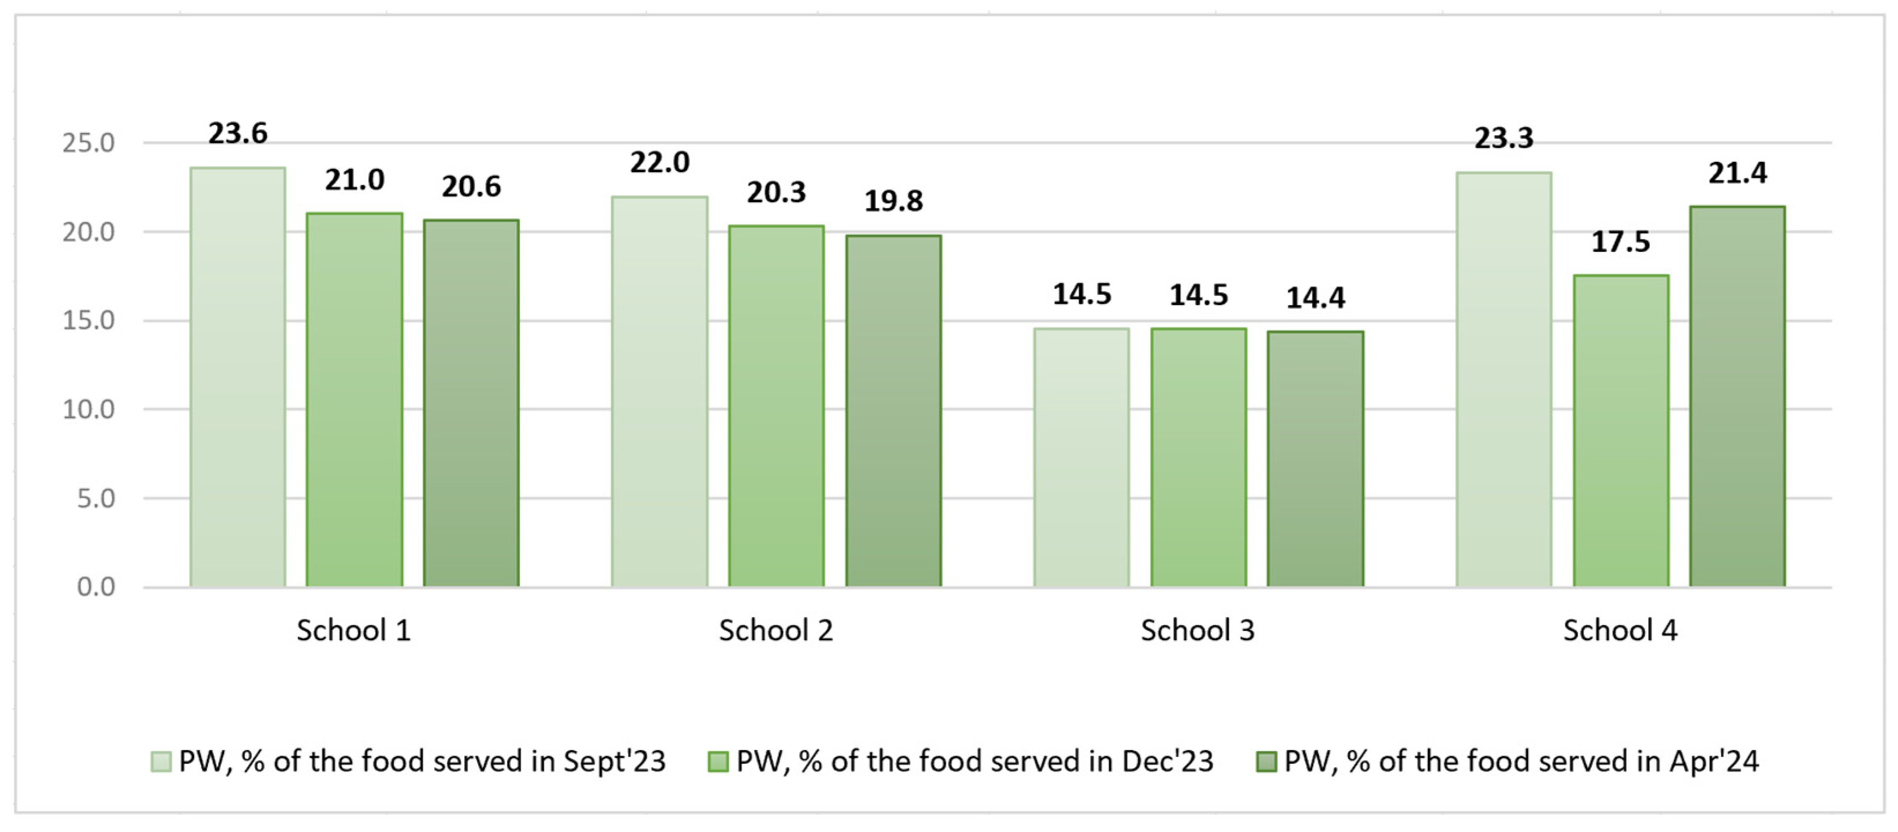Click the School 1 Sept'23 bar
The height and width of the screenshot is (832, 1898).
(x=237, y=377)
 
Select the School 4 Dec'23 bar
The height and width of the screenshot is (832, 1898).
(x=1620, y=431)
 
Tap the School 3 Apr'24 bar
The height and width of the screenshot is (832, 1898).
(x=1315, y=459)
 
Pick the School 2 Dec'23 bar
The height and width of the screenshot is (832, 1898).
(x=776, y=406)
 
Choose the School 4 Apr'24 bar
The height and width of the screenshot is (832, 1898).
(x=1737, y=396)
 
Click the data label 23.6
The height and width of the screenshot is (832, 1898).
(x=237, y=133)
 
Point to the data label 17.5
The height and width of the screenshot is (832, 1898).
(x=1620, y=242)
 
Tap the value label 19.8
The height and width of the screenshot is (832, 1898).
(x=893, y=201)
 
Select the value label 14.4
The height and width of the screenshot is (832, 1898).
(x=1315, y=298)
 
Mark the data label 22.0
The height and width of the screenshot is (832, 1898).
(x=659, y=162)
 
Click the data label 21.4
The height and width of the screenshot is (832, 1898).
(x=1737, y=173)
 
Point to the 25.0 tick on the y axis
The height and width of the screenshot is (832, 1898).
(x=88, y=143)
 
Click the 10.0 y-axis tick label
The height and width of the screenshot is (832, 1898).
(x=88, y=410)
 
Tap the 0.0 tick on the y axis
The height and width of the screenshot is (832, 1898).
(x=96, y=588)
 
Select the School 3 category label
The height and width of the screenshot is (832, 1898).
(x=1198, y=631)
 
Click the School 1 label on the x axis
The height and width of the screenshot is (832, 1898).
(x=353, y=631)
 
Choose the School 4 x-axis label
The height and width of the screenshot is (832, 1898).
(x=1620, y=631)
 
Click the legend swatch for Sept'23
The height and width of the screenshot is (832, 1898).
(x=161, y=762)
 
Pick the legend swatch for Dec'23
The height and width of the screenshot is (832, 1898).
(x=718, y=762)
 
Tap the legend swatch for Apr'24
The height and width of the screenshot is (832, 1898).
(x=1266, y=762)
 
